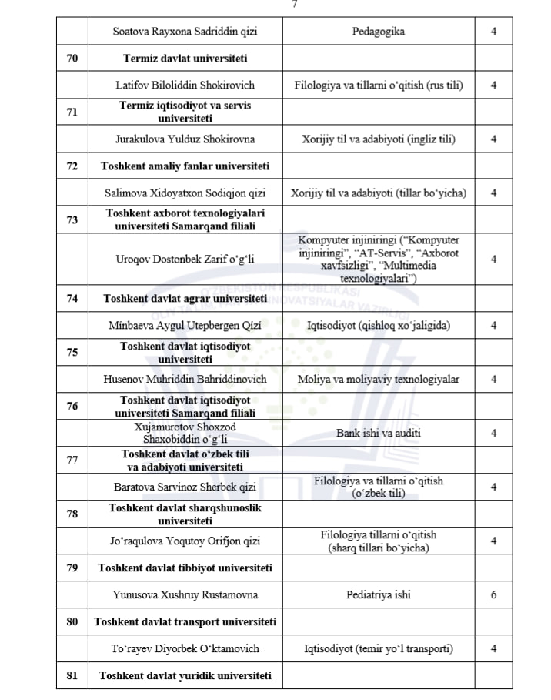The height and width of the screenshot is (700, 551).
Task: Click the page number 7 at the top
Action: point(295,4)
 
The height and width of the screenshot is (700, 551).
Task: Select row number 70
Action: point(72,58)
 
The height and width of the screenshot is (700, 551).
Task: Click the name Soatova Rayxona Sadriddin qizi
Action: point(185,32)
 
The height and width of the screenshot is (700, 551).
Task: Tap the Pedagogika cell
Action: point(378,32)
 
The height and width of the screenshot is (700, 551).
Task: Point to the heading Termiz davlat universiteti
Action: point(185,58)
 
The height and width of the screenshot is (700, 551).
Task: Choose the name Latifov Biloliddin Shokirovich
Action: point(185,85)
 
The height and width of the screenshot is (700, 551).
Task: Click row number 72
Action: point(72,166)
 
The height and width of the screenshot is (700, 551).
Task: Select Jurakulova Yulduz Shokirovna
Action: point(185,139)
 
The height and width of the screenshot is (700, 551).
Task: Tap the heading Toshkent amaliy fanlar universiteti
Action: point(185,166)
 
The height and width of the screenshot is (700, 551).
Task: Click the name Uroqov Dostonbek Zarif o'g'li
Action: point(185,259)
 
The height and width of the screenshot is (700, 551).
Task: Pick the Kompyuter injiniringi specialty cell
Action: point(378,259)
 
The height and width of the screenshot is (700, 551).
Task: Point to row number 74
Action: point(72,298)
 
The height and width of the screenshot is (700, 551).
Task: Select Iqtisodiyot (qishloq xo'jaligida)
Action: point(378,326)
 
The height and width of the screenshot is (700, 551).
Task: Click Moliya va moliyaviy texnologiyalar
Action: point(378,380)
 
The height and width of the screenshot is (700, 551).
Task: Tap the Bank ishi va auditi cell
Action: point(378,433)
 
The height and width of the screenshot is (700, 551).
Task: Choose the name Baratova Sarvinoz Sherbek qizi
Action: point(185,487)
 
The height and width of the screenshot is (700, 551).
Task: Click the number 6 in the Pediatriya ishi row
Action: point(493,594)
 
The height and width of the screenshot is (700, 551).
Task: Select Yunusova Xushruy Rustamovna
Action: point(185,594)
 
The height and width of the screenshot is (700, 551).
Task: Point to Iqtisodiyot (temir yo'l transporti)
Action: point(378,648)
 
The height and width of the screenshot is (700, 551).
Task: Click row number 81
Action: point(72,675)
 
